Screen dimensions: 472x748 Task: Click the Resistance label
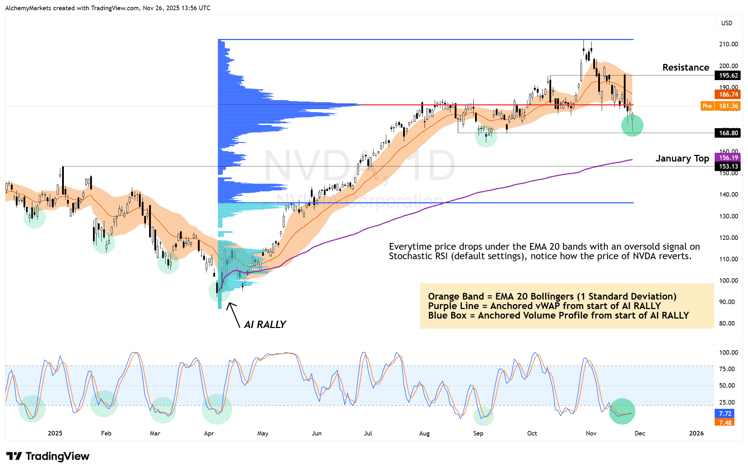686,67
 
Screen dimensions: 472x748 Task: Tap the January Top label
682,158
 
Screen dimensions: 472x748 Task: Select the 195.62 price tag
728,76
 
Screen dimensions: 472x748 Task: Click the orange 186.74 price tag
728,94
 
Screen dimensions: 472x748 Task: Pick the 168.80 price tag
728,133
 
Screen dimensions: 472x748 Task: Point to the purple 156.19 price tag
728,158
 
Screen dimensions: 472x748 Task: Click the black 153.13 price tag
728,166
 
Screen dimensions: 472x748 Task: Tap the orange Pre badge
707,106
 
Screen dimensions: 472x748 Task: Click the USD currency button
727,23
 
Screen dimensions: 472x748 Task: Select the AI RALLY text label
265,324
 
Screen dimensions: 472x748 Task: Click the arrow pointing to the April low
233,315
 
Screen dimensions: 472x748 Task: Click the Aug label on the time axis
424,433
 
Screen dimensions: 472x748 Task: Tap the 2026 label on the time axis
696,433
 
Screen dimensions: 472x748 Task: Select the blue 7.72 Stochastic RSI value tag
725,414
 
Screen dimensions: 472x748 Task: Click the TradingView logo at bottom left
48,456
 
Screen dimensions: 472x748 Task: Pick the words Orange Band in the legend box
456,297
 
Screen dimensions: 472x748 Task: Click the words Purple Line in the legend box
453,306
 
